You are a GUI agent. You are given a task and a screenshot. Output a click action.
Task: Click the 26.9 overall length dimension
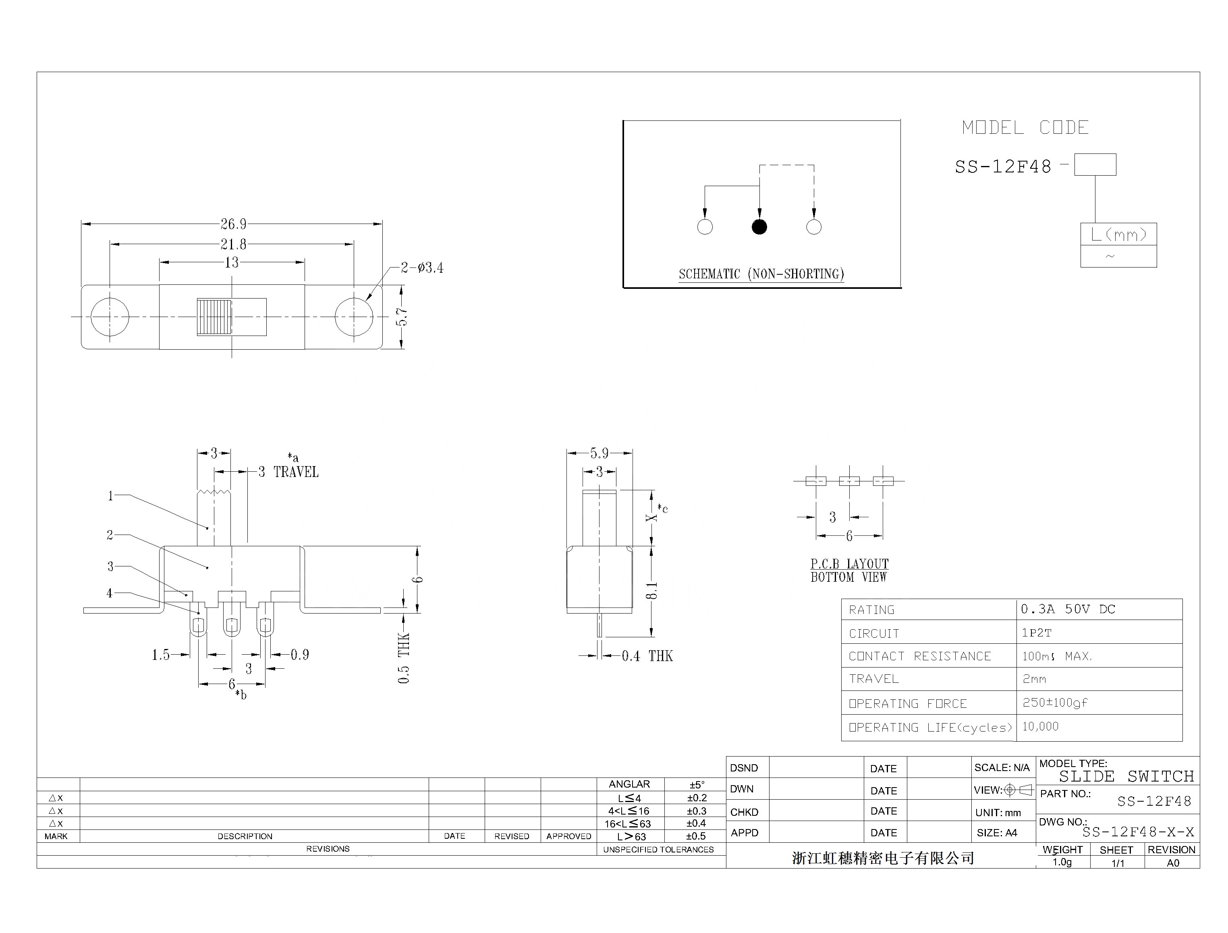[233, 224]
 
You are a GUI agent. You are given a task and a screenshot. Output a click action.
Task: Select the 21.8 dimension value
[233, 244]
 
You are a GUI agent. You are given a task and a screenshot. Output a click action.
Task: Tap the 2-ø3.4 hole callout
[422, 267]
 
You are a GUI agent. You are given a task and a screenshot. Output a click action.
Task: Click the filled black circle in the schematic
[759, 226]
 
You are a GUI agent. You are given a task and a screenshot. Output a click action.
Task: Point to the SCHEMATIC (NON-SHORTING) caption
[761, 274]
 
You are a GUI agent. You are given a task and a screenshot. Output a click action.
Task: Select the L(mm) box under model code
[1118, 234]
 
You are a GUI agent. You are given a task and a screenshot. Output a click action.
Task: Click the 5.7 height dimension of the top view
[402, 317]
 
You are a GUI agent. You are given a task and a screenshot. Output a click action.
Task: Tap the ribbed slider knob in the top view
[214, 317]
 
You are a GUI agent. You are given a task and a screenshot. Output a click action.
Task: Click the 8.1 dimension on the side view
[653, 590]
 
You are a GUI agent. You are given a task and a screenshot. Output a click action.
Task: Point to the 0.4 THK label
[647, 656]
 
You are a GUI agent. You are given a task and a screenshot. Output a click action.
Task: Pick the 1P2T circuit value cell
[1036, 632]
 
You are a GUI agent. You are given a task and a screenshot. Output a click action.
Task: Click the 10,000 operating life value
[1040, 726]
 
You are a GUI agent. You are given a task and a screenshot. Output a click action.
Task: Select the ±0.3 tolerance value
[697, 811]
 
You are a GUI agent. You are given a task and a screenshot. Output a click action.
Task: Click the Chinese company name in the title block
[883, 858]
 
